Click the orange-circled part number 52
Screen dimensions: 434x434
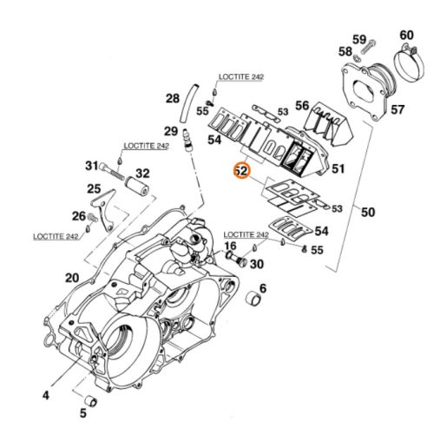point(241,171)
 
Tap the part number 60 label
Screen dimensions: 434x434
point(406,35)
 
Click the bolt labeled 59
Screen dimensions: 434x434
point(368,47)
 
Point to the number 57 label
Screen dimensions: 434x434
point(398,109)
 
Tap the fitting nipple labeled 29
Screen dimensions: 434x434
point(187,141)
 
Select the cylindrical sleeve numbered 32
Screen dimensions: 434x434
point(137,186)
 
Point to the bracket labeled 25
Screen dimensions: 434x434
point(102,210)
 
